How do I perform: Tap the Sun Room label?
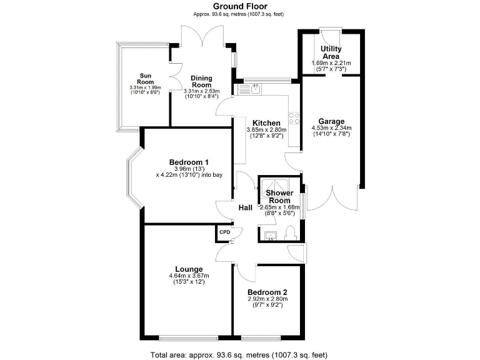click(x=145, y=78)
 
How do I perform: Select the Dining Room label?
click(x=202, y=82)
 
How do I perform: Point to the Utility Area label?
click(x=331, y=52)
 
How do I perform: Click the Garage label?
click(x=331, y=121)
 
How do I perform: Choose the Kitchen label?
click(x=266, y=122)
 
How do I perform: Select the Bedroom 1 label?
click(x=189, y=162)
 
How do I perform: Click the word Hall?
click(x=245, y=208)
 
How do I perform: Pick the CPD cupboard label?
click(x=224, y=232)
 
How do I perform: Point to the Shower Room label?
click(x=276, y=197)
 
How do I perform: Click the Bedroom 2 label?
click(x=267, y=292)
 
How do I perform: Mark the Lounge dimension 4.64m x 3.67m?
click(x=188, y=276)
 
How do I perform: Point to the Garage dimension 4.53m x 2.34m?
click(x=331, y=128)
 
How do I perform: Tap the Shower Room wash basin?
click(x=271, y=235)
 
